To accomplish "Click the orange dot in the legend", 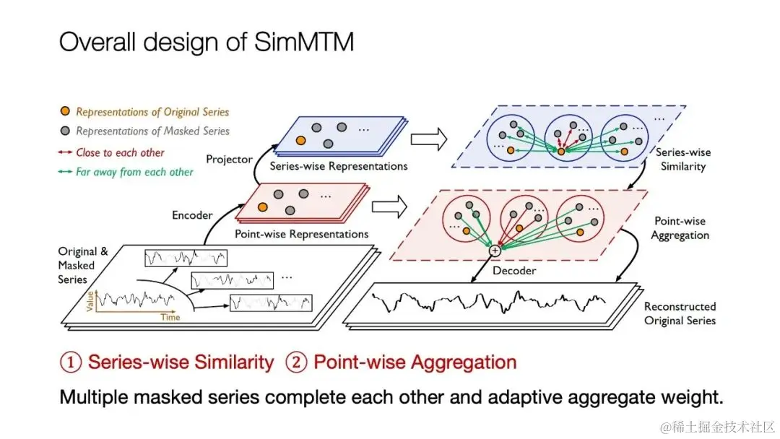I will click(x=66, y=112).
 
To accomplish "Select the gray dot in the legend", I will click(x=66, y=131).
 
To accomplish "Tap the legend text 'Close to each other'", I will click(x=120, y=152).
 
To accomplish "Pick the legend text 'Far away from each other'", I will click(x=134, y=172).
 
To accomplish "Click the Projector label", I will click(x=230, y=158).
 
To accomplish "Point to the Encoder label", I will click(x=193, y=214).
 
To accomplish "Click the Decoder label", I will click(x=513, y=271).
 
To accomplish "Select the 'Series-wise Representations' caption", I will click(x=339, y=166).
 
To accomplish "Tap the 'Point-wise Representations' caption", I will click(x=302, y=234).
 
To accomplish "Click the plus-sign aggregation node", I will click(x=495, y=251).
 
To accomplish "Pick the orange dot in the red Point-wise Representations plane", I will click(x=262, y=207).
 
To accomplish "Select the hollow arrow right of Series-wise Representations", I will click(x=430, y=140).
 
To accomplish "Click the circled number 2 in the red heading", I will click(x=297, y=362).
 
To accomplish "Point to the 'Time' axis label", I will click(x=170, y=317).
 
